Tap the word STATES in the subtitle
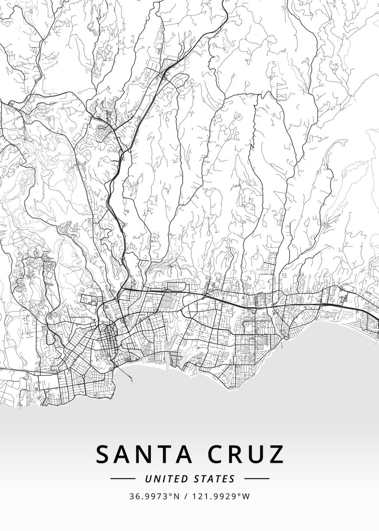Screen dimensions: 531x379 pyautogui.click(x=214, y=479)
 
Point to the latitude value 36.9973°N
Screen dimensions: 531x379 pyautogui.click(x=154, y=496)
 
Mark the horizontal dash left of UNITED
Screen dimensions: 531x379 pyautogui.click(x=123, y=479)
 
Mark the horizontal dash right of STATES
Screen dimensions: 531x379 pyautogui.click(x=256, y=479)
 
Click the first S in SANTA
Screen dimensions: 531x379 pyautogui.click(x=103, y=454)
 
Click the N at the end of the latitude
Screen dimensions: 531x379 pyautogui.click(x=176, y=496)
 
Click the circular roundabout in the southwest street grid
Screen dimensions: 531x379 pyautogui.click(x=83, y=377)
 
